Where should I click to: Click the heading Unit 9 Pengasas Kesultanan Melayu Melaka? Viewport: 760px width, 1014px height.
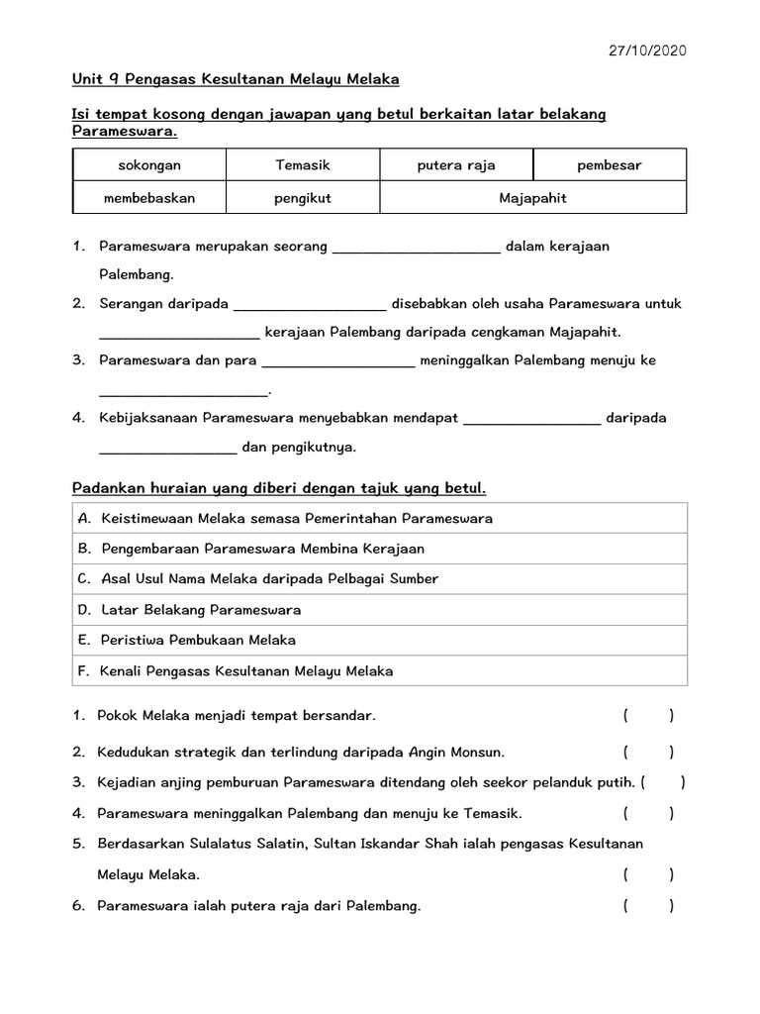coord(236,78)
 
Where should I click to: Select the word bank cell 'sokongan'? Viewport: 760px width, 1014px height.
coord(149,165)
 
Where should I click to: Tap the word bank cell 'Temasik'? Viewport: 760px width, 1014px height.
coord(302,165)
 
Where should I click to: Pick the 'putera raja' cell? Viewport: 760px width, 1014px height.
coord(456,165)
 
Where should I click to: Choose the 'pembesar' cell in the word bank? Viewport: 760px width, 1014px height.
coord(610,165)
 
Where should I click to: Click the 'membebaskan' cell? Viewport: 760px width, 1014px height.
coord(149,198)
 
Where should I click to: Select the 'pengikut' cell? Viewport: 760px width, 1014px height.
coord(302,198)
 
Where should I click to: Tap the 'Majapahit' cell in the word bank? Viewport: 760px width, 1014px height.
coord(532,198)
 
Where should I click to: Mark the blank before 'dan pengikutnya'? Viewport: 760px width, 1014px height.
coord(168,449)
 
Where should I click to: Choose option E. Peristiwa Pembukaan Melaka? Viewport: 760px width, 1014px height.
coord(186,640)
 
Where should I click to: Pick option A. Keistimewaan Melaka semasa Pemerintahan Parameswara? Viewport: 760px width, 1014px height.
coord(284,519)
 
